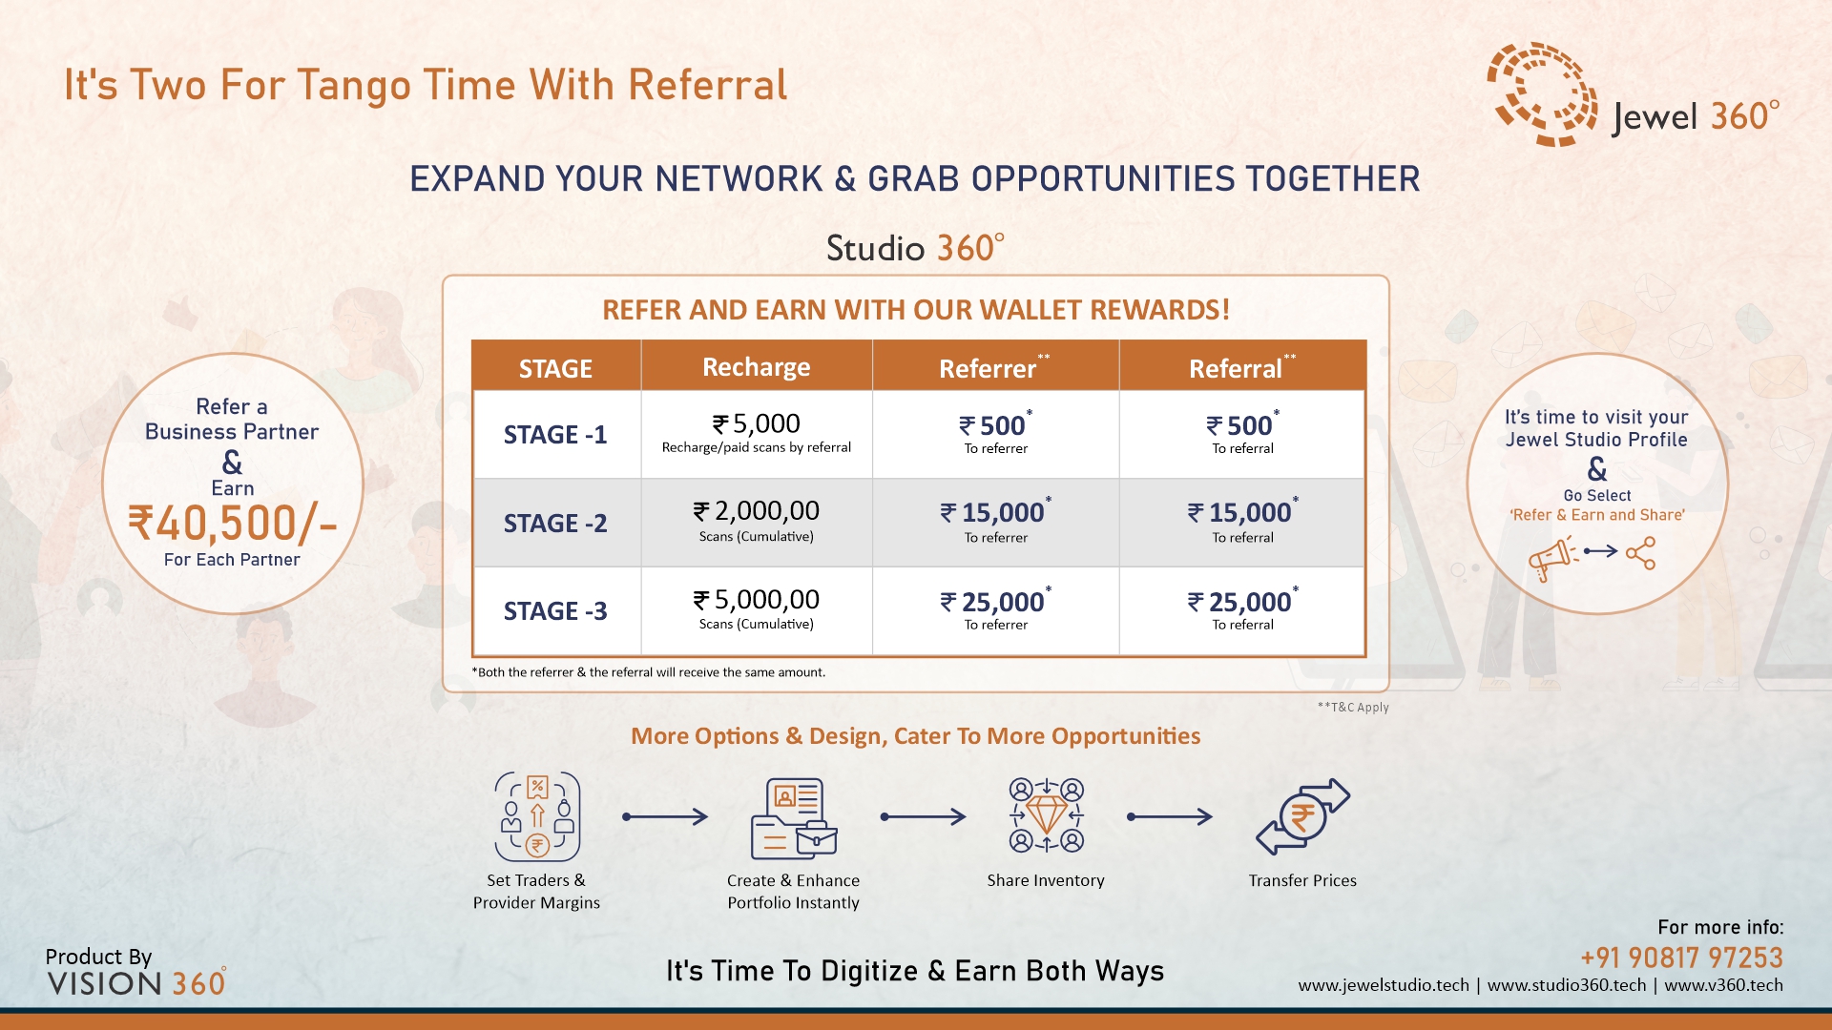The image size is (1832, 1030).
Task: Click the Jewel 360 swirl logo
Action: click(1541, 93)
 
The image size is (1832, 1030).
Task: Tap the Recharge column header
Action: click(757, 367)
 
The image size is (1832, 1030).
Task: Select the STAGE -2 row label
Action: click(555, 524)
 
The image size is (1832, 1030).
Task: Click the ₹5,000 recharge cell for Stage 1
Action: click(757, 432)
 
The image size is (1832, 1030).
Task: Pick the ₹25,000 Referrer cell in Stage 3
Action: click(996, 608)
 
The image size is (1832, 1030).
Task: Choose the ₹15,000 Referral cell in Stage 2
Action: click(1243, 520)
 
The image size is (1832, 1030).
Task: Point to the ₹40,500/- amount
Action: click(233, 524)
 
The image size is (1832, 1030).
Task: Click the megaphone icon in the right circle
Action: click(1552, 557)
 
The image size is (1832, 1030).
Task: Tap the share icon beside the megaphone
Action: click(1640, 553)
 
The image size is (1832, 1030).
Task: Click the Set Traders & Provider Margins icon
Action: click(537, 816)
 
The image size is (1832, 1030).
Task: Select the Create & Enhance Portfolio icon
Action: click(794, 818)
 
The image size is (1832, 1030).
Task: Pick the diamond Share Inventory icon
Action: click(1046, 815)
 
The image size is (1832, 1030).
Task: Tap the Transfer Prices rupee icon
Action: click(1302, 817)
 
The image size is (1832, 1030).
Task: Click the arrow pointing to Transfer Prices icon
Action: click(1170, 816)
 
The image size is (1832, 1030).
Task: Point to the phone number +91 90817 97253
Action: click(1681, 958)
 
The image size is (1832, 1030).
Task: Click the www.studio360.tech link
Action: click(1567, 985)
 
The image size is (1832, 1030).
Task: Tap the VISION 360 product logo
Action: click(136, 983)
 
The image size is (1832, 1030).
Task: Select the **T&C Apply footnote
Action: click(1353, 708)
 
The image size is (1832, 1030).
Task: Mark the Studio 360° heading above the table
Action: click(915, 248)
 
